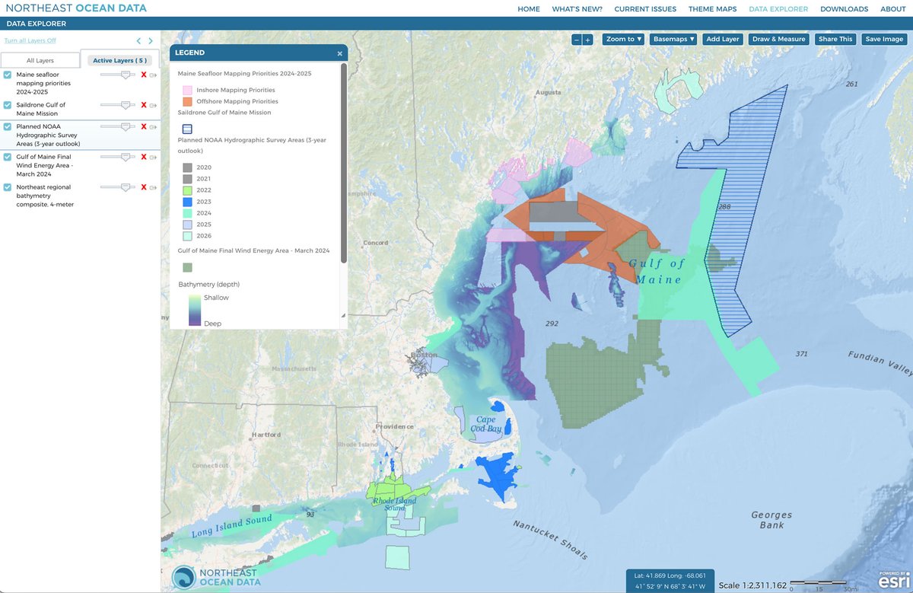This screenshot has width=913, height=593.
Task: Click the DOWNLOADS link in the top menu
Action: (x=844, y=9)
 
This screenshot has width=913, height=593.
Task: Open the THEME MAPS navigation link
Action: (x=712, y=9)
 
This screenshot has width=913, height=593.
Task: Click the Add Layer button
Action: (x=722, y=39)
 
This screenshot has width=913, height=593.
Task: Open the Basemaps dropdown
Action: (x=674, y=39)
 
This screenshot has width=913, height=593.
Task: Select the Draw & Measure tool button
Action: (x=778, y=39)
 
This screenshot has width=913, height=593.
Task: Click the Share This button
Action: (x=835, y=39)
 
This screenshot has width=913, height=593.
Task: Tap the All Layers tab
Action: (x=40, y=60)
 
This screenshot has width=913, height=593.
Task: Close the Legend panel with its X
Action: (x=340, y=53)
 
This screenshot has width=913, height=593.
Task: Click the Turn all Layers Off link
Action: (x=30, y=40)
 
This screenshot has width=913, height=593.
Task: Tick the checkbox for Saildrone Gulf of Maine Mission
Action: (x=8, y=105)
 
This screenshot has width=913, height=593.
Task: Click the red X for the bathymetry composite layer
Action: (x=143, y=187)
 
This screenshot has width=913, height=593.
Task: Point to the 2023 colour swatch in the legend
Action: (x=186, y=202)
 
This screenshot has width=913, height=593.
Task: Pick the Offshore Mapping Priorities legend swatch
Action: (x=186, y=101)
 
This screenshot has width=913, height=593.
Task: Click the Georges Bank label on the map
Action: (x=771, y=520)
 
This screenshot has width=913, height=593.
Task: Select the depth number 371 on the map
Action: (x=800, y=354)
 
